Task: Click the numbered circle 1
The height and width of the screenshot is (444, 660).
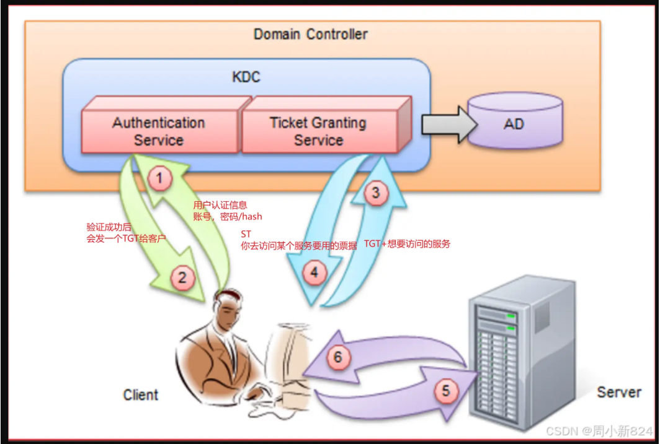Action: click(x=160, y=180)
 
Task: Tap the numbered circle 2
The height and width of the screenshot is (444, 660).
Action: click(x=182, y=278)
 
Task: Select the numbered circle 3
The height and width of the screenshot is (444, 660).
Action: click(x=375, y=193)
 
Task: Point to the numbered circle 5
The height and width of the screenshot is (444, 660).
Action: click(x=445, y=391)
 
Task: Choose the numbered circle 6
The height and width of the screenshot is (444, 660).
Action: click(x=337, y=357)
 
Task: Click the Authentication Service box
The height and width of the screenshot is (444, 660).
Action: click(x=159, y=131)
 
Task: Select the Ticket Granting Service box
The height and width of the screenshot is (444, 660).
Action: click(x=318, y=131)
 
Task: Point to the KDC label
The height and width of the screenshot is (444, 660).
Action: click(x=246, y=77)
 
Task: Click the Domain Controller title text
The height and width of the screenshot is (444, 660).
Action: click(x=310, y=34)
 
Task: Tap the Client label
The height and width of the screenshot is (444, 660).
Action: click(x=141, y=394)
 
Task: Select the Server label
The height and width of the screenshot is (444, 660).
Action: click(x=618, y=392)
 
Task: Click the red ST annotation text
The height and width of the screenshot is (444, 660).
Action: click(x=246, y=234)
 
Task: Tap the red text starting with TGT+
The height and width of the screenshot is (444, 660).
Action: click(x=406, y=244)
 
